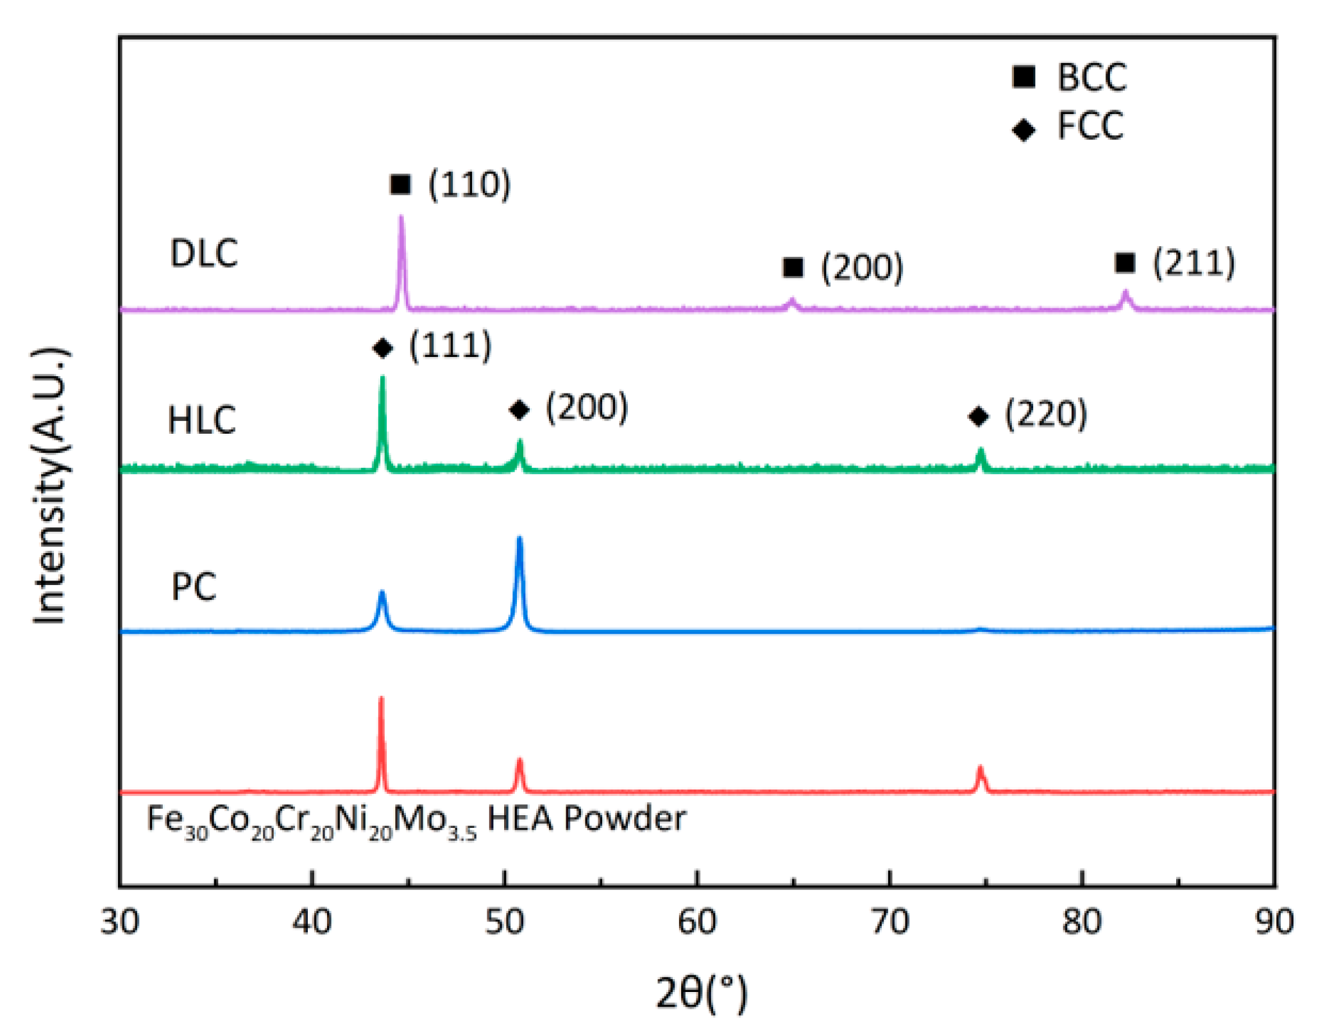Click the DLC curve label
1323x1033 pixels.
(204, 253)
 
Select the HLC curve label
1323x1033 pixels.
(201, 420)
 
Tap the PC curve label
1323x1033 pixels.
(194, 586)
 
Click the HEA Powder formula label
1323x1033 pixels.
(416, 820)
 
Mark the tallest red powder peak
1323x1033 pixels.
(382, 700)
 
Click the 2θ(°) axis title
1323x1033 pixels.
(702, 993)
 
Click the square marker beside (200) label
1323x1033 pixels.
(793, 267)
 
